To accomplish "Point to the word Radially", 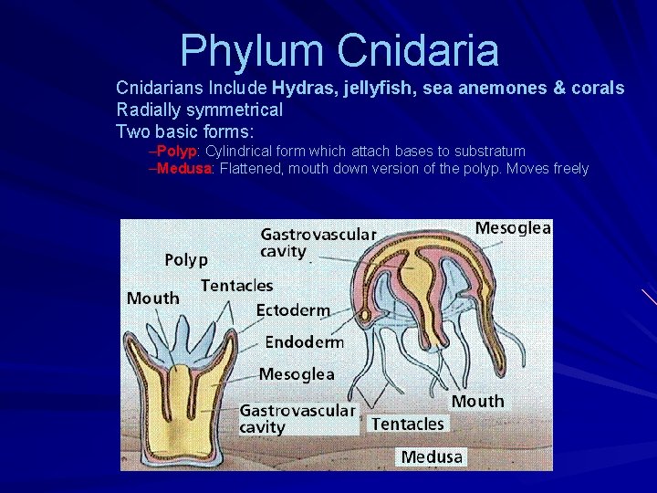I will pos(148,110).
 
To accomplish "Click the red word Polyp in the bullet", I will pos(177,151).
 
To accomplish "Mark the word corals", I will pos(597,89).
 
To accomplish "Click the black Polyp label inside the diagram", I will pos(186,260).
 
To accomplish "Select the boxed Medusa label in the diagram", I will pos(432,456).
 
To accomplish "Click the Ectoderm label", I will pos(293,310).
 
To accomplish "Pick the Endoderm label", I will pos(304,342).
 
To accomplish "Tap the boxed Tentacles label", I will pos(407,424).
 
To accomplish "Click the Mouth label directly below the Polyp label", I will pos(153,299).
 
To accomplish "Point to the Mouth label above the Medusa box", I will pos(477,401).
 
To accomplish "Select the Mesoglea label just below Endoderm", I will pos(297,374).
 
